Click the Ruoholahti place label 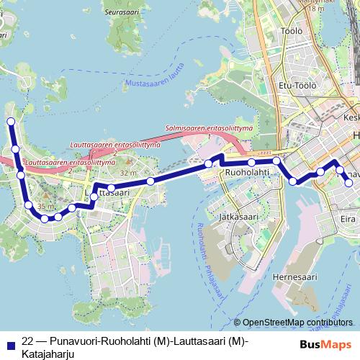pyautogui.click(x=247, y=174)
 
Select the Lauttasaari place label pyautogui.click(x=107, y=193)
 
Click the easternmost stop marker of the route pyautogui.click(x=349, y=183)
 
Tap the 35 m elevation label pyautogui.click(x=45, y=207)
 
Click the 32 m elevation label pyautogui.click(x=127, y=174)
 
